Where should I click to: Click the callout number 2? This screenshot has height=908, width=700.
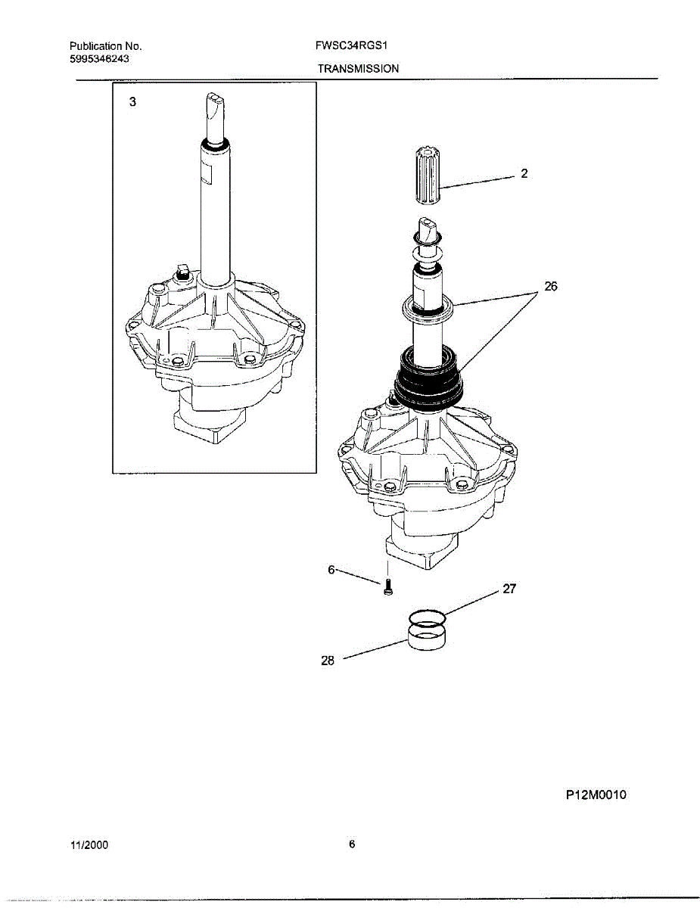pyautogui.click(x=524, y=173)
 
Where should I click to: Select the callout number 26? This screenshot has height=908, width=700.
pyautogui.click(x=550, y=288)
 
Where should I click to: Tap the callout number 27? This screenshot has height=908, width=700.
pyautogui.click(x=509, y=588)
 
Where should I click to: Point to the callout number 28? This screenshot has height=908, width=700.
pyautogui.click(x=328, y=660)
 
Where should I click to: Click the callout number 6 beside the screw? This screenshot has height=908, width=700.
pyautogui.click(x=331, y=571)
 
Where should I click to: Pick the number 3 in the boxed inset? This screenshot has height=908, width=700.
pyautogui.click(x=132, y=102)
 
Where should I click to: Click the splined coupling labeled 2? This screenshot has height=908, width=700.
pyautogui.click(x=429, y=175)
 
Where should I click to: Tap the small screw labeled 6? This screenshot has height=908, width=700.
pyautogui.click(x=387, y=586)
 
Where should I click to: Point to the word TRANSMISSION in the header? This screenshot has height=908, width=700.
pyautogui.click(x=358, y=68)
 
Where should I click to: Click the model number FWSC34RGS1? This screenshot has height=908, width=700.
pyautogui.click(x=351, y=45)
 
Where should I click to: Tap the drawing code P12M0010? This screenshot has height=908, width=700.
pyautogui.click(x=596, y=794)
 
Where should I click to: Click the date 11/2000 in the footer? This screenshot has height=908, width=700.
pyautogui.click(x=89, y=845)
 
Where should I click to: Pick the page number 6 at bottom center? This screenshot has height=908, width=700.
pyautogui.click(x=351, y=844)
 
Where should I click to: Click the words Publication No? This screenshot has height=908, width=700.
pyautogui.click(x=105, y=45)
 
